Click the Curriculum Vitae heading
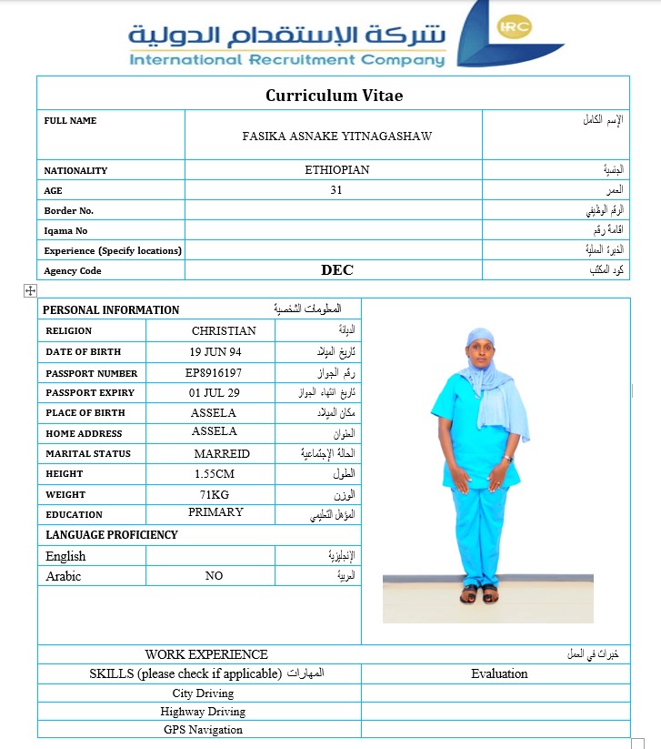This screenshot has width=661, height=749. pos(334,96)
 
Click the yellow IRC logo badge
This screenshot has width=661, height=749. pos(515,27)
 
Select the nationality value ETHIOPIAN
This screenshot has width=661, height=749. pos(337,170)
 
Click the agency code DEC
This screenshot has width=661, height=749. pos(337,270)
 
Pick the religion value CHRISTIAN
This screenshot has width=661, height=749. pos(224,331)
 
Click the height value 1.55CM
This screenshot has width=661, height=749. pos(215,474)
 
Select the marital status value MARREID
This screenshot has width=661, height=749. pos(222,453)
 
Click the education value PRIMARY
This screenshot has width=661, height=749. pos(215,512)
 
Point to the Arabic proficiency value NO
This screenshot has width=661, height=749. pos(214,576)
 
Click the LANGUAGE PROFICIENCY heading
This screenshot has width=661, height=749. pos(112,535)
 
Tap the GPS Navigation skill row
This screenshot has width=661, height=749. pos(203,730)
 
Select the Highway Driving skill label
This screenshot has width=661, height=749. pos(203,712)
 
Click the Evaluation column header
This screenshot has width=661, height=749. pos(499,674)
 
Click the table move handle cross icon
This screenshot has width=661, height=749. pos(30,290)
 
